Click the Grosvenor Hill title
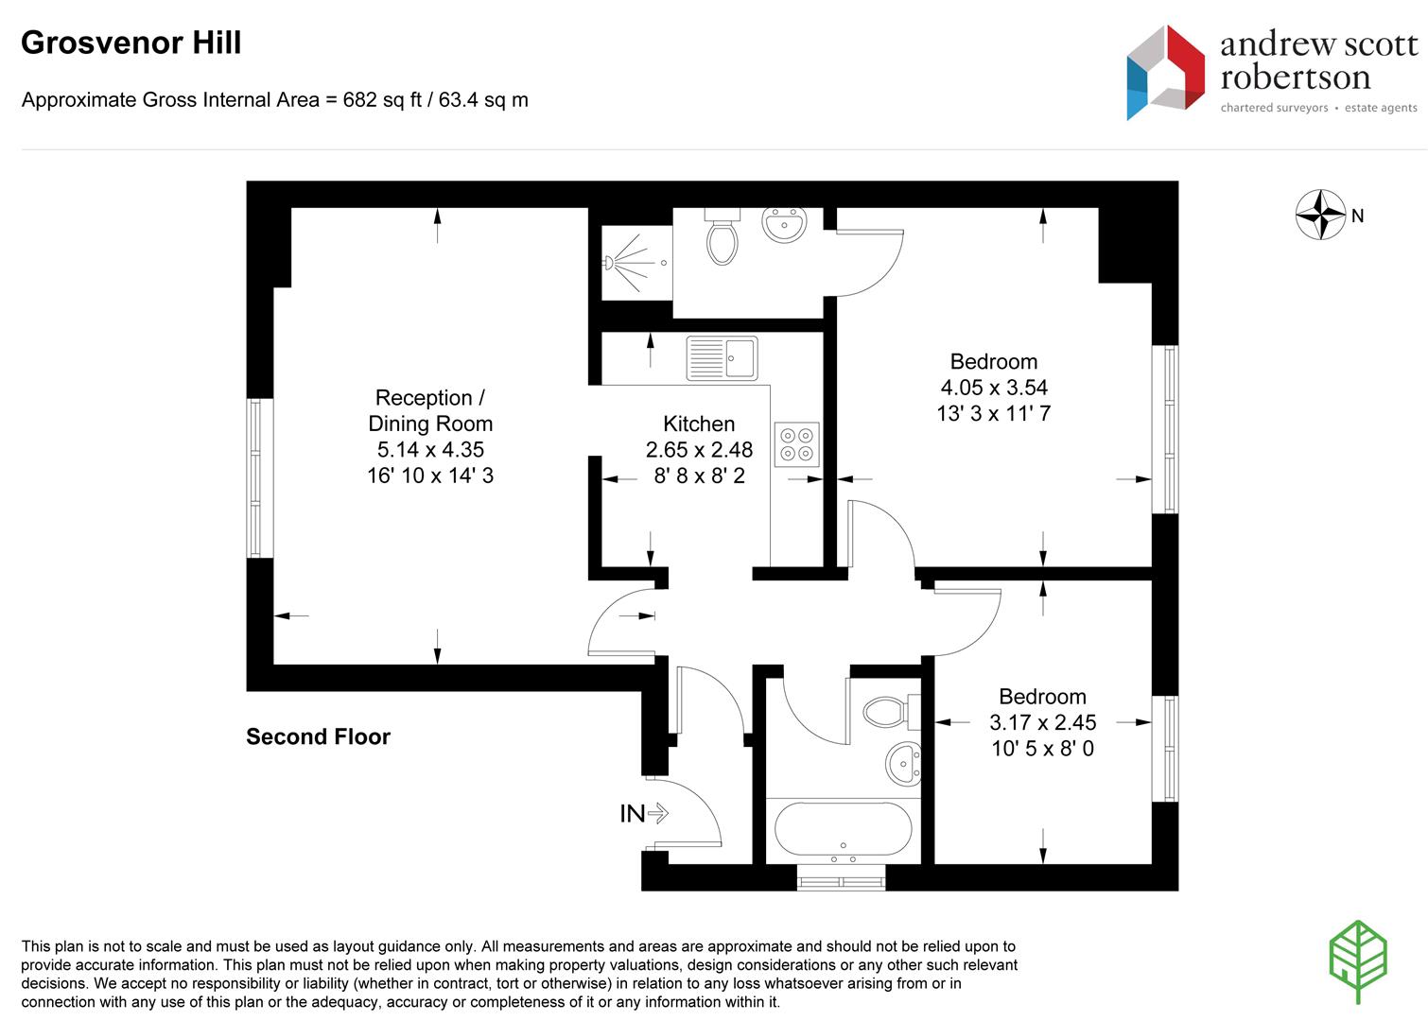[131, 43]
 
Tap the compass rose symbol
[1320, 215]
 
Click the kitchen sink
[722, 358]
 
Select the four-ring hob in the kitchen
[797, 444]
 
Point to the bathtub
[843, 828]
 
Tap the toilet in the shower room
[723, 236]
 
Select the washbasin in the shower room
[784, 224]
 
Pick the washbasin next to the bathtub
[903, 764]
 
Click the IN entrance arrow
[657, 813]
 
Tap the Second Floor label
[318, 736]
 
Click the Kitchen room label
[699, 424]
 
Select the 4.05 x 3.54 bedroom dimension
[994, 387]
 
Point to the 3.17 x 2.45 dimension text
[1042, 722]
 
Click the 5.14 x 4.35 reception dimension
[430, 449]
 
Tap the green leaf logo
[1359, 961]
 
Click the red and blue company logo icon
[1165, 72]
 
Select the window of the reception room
[255, 478]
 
